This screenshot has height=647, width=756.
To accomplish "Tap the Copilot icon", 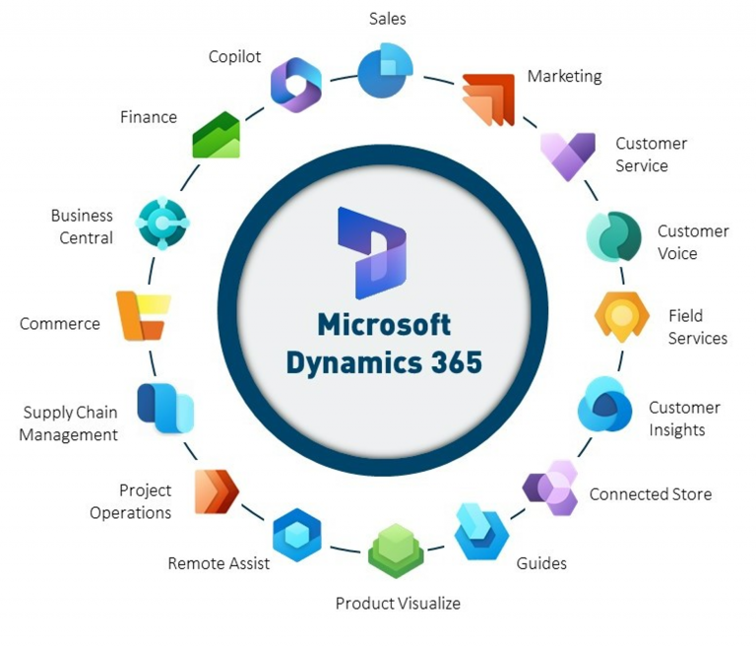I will point(295,84).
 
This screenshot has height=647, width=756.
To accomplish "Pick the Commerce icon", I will point(143,315).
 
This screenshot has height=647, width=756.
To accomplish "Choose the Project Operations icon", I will point(217,490).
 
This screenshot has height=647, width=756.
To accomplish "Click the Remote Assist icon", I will point(296,535).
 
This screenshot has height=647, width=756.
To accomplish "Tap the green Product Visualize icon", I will point(396,550).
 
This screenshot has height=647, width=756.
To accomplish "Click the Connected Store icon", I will point(550,486).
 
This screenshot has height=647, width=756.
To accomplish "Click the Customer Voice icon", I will point(613,235).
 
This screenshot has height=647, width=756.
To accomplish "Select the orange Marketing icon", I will point(489,99).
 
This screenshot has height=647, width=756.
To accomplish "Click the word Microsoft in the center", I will point(384,324).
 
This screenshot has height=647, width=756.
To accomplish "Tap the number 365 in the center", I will point(448,361).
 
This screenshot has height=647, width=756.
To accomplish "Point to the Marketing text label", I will point(564,76).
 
